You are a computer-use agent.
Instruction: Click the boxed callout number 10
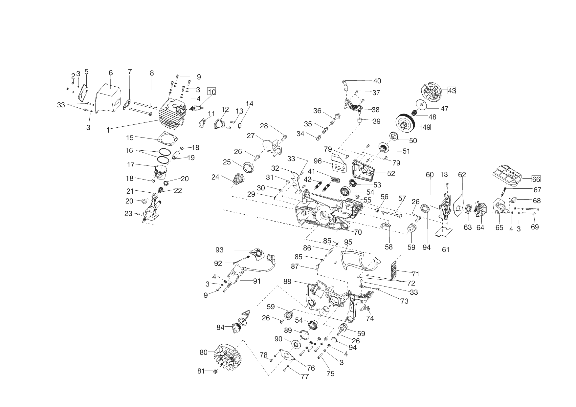click(211, 92)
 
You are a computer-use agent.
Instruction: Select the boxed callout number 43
click(452, 91)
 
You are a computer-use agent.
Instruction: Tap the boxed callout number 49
click(426, 127)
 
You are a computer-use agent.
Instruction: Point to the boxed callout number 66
click(536, 179)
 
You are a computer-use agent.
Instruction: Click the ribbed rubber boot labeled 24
click(239, 180)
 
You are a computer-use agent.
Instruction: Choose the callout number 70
click(358, 232)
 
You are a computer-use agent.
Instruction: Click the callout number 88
click(287, 282)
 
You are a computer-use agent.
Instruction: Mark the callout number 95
click(348, 242)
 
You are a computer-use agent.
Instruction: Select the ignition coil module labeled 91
click(237, 274)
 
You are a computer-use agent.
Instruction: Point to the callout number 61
click(446, 249)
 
